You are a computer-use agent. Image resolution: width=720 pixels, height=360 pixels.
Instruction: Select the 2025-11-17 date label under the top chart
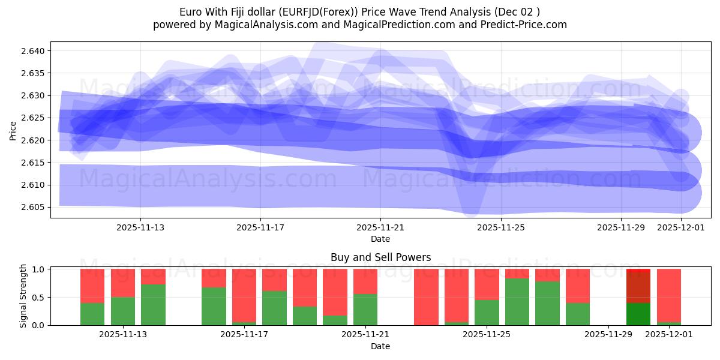click(x=260, y=227)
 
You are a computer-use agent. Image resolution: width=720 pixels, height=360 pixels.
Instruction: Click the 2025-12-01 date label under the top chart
click(x=681, y=227)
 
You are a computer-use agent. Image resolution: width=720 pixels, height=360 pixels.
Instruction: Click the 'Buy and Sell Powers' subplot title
click(x=380, y=257)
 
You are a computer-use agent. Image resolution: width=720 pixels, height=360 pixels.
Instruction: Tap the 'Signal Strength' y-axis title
click(x=23, y=296)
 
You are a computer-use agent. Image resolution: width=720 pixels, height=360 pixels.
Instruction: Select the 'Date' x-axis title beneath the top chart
click(x=380, y=239)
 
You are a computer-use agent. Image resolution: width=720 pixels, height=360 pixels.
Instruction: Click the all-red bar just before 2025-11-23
click(x=426, y=297)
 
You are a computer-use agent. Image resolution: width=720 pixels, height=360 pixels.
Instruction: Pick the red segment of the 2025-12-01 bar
click(x=669, y=294)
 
